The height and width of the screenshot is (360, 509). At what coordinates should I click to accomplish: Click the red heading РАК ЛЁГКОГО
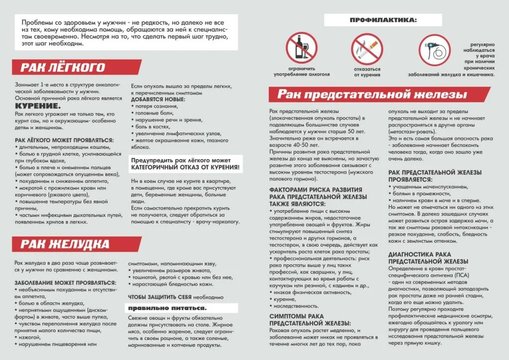tap(63, 68)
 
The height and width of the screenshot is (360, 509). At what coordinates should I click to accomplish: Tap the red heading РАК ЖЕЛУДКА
tap(65, 244)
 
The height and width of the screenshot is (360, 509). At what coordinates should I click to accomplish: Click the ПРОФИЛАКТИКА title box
tap(382, 20)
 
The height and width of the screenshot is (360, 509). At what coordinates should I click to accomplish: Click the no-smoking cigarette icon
tap(367, 48)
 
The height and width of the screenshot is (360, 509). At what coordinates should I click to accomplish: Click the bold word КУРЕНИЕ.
tap(38, 106)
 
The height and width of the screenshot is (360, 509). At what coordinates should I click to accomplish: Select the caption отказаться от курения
tap(367, 72)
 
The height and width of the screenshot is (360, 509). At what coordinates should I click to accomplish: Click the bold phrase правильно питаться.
tap(168, 308)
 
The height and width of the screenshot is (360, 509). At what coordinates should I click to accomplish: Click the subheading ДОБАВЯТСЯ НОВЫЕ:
tap(158, 100)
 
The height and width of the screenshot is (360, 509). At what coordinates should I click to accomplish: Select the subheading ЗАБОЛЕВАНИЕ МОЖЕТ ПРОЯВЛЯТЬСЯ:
tap(62, 282)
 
